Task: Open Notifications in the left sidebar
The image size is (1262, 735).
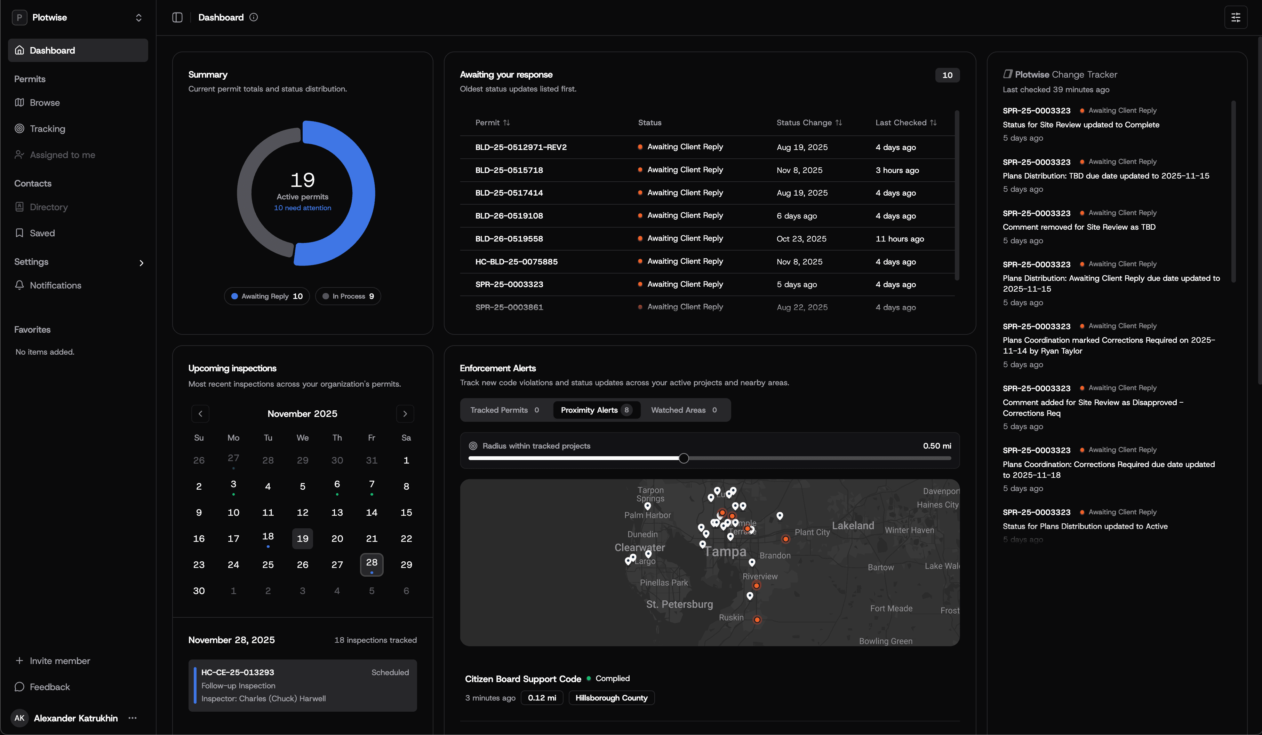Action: click(x=55, y=285)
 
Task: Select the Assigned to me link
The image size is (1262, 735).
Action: click(x=62, y=155)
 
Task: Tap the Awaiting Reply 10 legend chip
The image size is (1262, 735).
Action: click(x=266, y=296)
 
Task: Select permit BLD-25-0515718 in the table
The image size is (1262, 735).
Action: click(x=509, y=170)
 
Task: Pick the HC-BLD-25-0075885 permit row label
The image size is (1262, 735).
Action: click(x=516, y=262)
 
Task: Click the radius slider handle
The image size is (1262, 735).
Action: click(x=684, y=458)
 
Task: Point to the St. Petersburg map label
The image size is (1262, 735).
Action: click(x=679, y=604)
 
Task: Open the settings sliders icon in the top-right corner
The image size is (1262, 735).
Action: click(x=1236, y=17)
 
